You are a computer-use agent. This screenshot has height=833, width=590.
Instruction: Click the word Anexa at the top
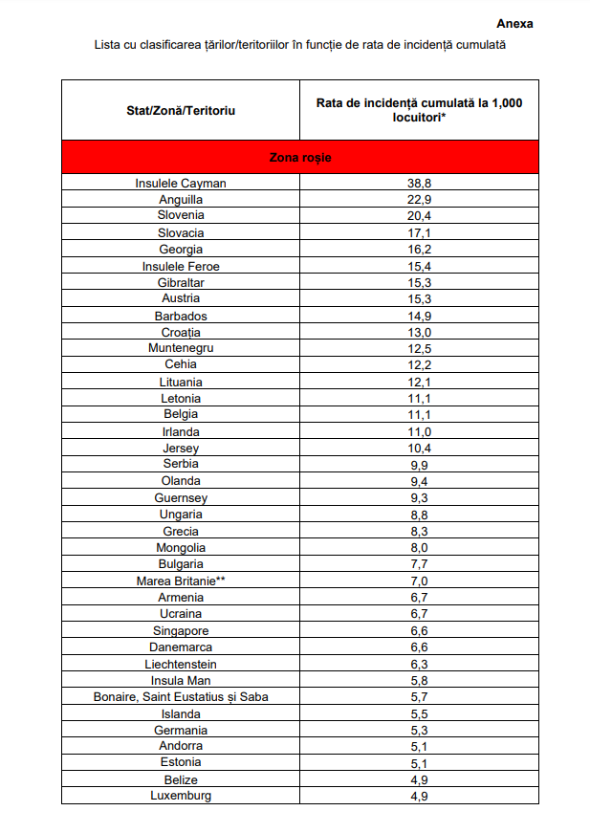tap(514, 24)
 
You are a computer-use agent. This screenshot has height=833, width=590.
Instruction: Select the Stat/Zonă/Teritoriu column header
tap(181, 111)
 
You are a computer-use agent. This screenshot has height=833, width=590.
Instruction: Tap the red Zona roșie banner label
tap(300, 157)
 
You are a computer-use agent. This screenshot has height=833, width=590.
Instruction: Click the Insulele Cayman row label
tap(181, 183)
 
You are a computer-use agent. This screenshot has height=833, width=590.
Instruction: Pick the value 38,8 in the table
tap(420, 183)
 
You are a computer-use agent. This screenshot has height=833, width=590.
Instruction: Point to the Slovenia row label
tap(181, 216)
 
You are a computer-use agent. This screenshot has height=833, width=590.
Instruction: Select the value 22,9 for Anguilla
tap(420, 199)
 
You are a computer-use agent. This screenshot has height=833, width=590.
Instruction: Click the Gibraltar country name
tap(181, 282)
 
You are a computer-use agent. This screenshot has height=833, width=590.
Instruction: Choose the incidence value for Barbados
tap(420, 316)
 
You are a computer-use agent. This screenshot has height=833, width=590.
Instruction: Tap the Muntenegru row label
tap(181, 348)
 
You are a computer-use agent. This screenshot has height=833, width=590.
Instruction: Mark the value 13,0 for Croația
tap(420, 332)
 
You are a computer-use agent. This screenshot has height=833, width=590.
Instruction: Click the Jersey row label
tap(181, 448)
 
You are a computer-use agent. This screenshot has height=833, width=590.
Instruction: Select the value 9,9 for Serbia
tap(420, 464)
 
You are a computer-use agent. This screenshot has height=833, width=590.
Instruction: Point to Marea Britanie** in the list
tap(181, 581)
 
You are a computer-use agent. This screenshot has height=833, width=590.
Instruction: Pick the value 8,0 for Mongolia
tap(420, 547)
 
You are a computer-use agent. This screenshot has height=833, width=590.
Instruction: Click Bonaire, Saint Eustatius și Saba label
tap(181, 696)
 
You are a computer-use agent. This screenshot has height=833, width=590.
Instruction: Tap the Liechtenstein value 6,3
tap(420, 664)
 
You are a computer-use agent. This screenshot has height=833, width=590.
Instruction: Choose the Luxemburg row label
tap(181, 796)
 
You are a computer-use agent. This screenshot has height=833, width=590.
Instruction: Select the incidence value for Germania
tap(420, 730)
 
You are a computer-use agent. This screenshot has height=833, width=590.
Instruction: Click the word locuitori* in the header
tap(420, 119)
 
